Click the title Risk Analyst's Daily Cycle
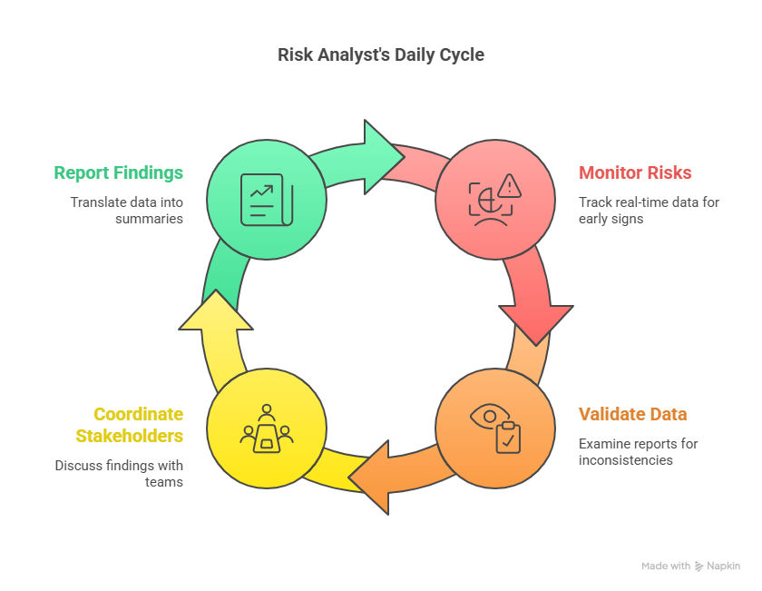coord(380,54)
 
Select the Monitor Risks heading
coord(635,172)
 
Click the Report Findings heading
coord(118,172)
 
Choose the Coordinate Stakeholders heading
coord(129,425)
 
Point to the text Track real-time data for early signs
coord(649,210)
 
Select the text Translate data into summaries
coord(127,210)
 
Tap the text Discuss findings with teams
coord(119,474)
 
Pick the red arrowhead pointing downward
coord(536,322)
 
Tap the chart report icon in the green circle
coord(265,199)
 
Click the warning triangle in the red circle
coord(510,187)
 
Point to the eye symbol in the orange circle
coord(485,416)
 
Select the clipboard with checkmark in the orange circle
coord(507,438)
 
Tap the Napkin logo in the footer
coord(699,566)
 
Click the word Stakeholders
coord(129,436)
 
